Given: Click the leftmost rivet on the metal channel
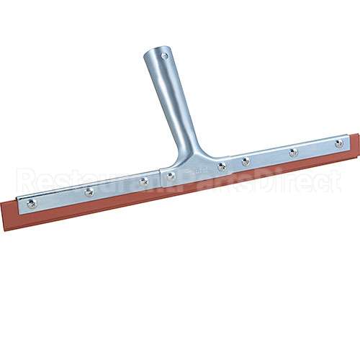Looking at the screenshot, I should pyautogui.click(x=32, y=204).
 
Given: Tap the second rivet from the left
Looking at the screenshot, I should pyautogui.click(x=89, y=192).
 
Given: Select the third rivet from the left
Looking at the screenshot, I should pyautogui.click(x=143, y=181).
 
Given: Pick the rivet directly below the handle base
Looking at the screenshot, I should pyautogui.click(x=170, y=175).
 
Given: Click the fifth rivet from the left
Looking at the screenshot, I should pyautogui.click(x=222, y=166).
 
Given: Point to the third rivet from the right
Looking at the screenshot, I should pyautogui.click(x=246, y=161).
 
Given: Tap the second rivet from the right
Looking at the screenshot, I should pyautogui.click(x=293, y=152).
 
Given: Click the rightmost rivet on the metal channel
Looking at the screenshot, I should pyautogui.click(x=338, y=143).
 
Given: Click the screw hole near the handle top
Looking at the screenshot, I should pyautogui.click(x=164, y=55).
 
